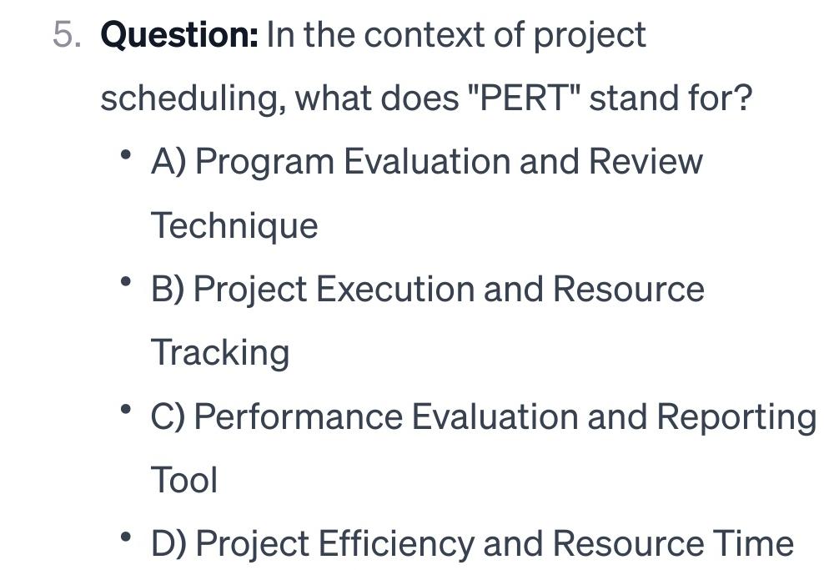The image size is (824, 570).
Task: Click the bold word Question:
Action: click(x=179, y=35)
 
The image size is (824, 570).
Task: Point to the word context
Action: click(x=424, y=35)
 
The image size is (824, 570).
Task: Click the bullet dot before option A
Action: click(x=126, y=154)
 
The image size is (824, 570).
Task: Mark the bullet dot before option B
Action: click(x=126, y=282)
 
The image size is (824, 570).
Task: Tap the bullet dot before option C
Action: click(x=126, y=409)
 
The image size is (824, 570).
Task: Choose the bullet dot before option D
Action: click(x=126, y=537)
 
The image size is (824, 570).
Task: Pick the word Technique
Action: click(x=234, y=226)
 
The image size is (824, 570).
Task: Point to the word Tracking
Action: click(x=220, y=354)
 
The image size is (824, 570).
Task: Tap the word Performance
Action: click(x=299, y=416)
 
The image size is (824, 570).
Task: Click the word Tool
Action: click(x=183, y=481)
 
